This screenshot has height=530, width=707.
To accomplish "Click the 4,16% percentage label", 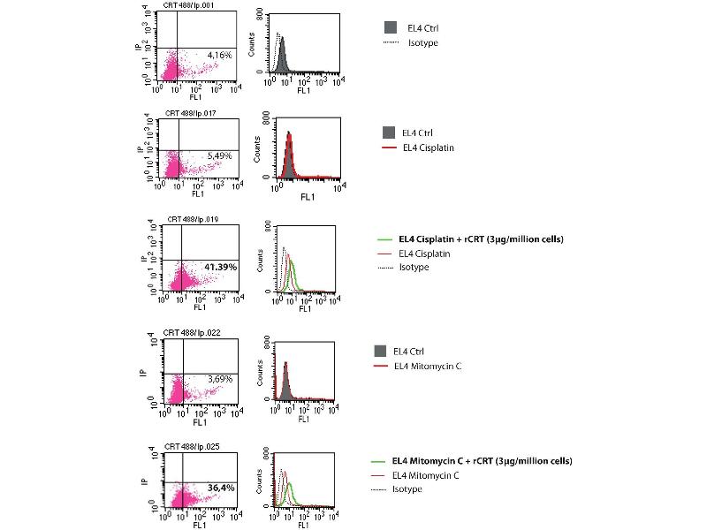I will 219,56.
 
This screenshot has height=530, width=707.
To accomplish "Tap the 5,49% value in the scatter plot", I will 219,155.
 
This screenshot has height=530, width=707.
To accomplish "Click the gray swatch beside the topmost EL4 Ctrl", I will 391,28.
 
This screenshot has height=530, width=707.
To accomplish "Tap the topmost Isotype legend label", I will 422,42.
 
